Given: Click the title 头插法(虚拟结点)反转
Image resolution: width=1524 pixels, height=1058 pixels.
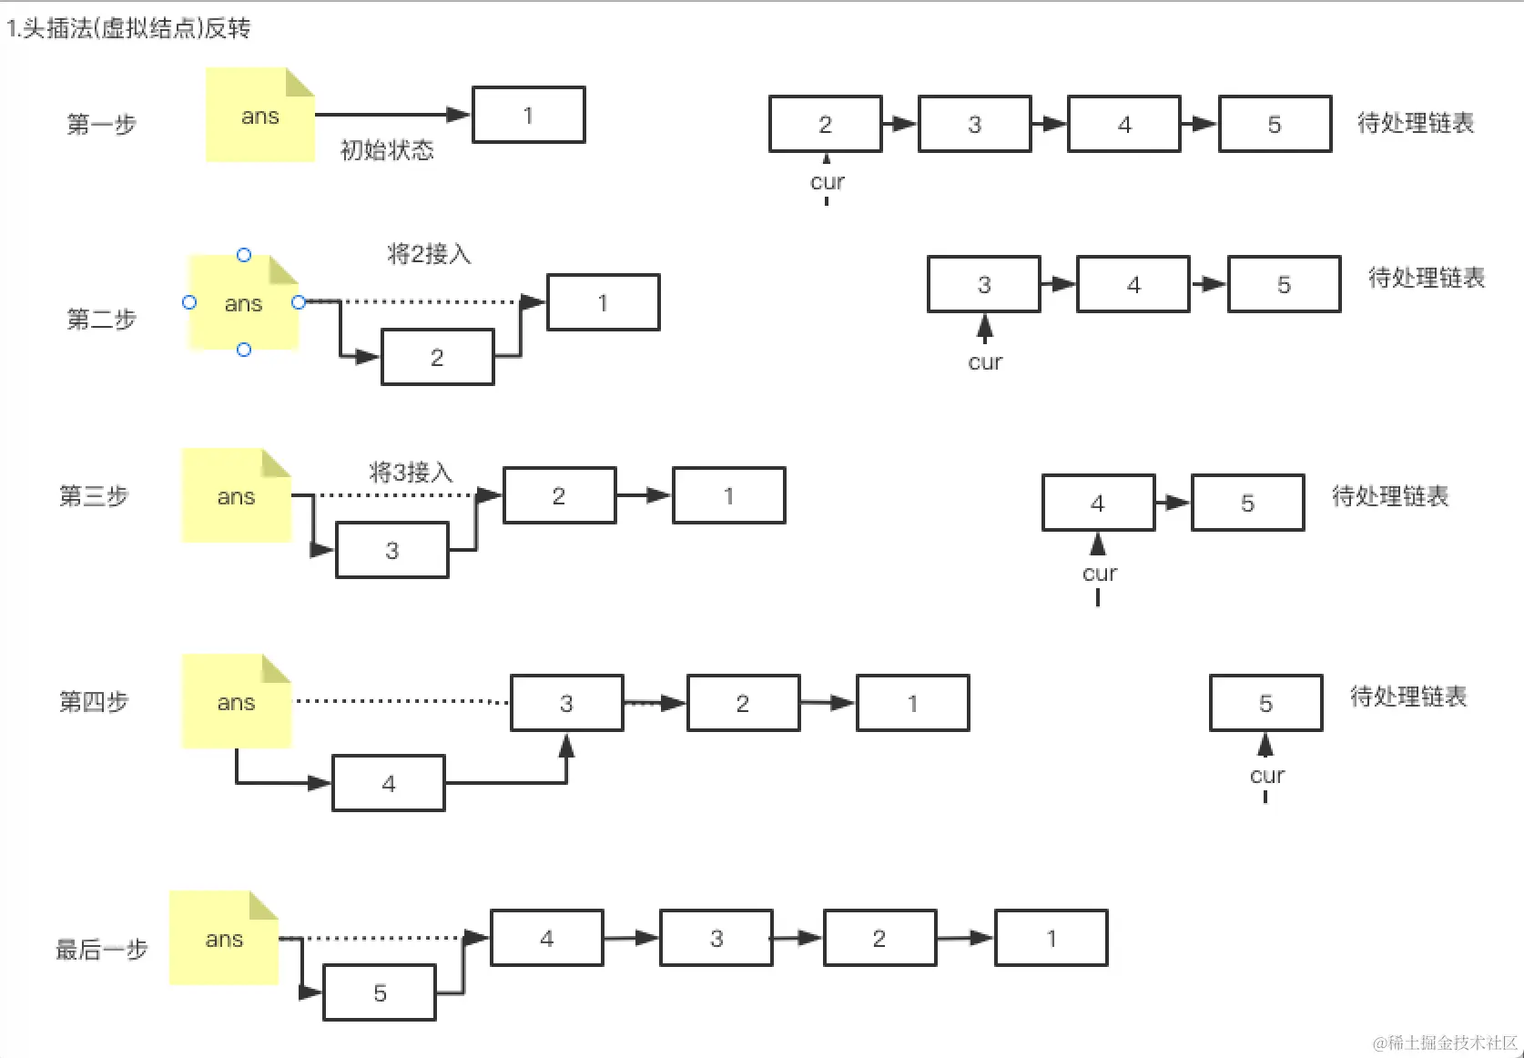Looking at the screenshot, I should tap(128, 28).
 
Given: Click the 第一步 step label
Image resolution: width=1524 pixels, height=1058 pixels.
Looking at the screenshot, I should tap(101, 124).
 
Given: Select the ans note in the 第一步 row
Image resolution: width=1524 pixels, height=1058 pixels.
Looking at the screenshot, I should tap(259, 116).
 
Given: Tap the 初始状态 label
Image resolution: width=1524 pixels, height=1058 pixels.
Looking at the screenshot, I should tap(387, 149).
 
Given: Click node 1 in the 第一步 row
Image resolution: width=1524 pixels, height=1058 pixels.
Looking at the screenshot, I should tap(528, 116).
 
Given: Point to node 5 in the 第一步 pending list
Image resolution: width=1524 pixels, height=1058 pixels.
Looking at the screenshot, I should tap(1275, 124).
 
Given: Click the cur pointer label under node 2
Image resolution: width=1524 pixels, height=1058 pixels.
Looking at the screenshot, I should tap(827, 182).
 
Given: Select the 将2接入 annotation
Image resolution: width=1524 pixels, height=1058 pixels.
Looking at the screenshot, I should tap(429, 253).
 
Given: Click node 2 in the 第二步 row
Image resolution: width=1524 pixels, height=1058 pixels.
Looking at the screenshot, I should tap(437, 357).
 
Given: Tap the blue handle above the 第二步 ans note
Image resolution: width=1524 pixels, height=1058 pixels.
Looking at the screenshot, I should tap(244, 255).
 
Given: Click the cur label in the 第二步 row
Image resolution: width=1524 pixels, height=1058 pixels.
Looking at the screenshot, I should tap(985, 362).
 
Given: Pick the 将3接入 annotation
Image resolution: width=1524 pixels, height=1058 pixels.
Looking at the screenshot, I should tap(411, 472).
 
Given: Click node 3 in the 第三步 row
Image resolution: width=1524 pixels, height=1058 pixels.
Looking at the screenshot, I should tap(391, 550).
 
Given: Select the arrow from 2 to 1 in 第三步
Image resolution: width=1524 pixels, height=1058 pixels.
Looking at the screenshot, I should tap(644, 495).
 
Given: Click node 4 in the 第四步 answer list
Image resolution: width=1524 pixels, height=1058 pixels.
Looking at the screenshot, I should tap(389, 783).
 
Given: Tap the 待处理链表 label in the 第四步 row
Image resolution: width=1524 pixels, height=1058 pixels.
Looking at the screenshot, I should tap(1408, 697).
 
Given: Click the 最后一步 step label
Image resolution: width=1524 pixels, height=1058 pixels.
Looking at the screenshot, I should tap(102, 950).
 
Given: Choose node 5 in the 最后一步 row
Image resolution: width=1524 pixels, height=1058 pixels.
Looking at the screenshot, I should tap(380, 993).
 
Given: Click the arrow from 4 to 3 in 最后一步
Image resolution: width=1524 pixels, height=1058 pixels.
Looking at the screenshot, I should tap(631, 938).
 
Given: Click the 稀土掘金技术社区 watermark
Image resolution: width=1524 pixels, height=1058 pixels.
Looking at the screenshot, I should tap(1445, 1043).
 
